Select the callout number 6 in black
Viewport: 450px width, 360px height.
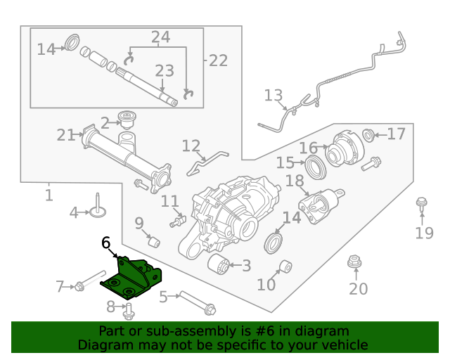(x=106, y=243)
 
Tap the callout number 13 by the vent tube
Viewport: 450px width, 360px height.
(x=273, y=96)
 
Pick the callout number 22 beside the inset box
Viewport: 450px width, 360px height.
(x=218, y=60)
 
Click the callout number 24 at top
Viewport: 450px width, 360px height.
(x=160, y=37)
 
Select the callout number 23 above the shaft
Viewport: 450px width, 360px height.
(x=164, y=70)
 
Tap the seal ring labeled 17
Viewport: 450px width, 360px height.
(x=368, y=134)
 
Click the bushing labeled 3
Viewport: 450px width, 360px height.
(x=219, y=266)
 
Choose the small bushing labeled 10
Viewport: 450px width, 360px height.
(x=285, y=266)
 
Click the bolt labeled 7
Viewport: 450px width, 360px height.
(x=80, y=285)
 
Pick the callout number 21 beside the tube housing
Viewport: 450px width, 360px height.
(x=65, y=134)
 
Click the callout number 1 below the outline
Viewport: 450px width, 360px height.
(x=49, y=195)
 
